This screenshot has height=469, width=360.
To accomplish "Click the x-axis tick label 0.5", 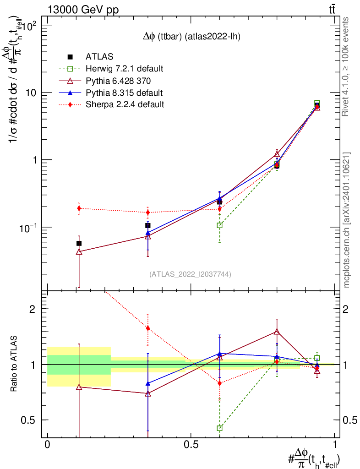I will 191,445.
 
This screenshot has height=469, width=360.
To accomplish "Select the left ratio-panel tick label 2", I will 33,309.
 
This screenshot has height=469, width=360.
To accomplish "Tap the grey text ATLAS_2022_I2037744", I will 190,274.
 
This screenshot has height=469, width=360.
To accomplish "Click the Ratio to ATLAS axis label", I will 15,365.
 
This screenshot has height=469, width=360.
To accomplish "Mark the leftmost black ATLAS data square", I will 79,243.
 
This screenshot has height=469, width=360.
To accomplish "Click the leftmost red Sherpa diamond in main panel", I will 79,208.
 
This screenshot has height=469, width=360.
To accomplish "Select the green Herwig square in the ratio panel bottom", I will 220,428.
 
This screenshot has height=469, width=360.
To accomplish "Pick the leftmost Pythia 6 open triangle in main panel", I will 79,251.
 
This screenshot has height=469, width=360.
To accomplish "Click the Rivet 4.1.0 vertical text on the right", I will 346,67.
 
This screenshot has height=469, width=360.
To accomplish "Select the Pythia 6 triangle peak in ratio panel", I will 277,332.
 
